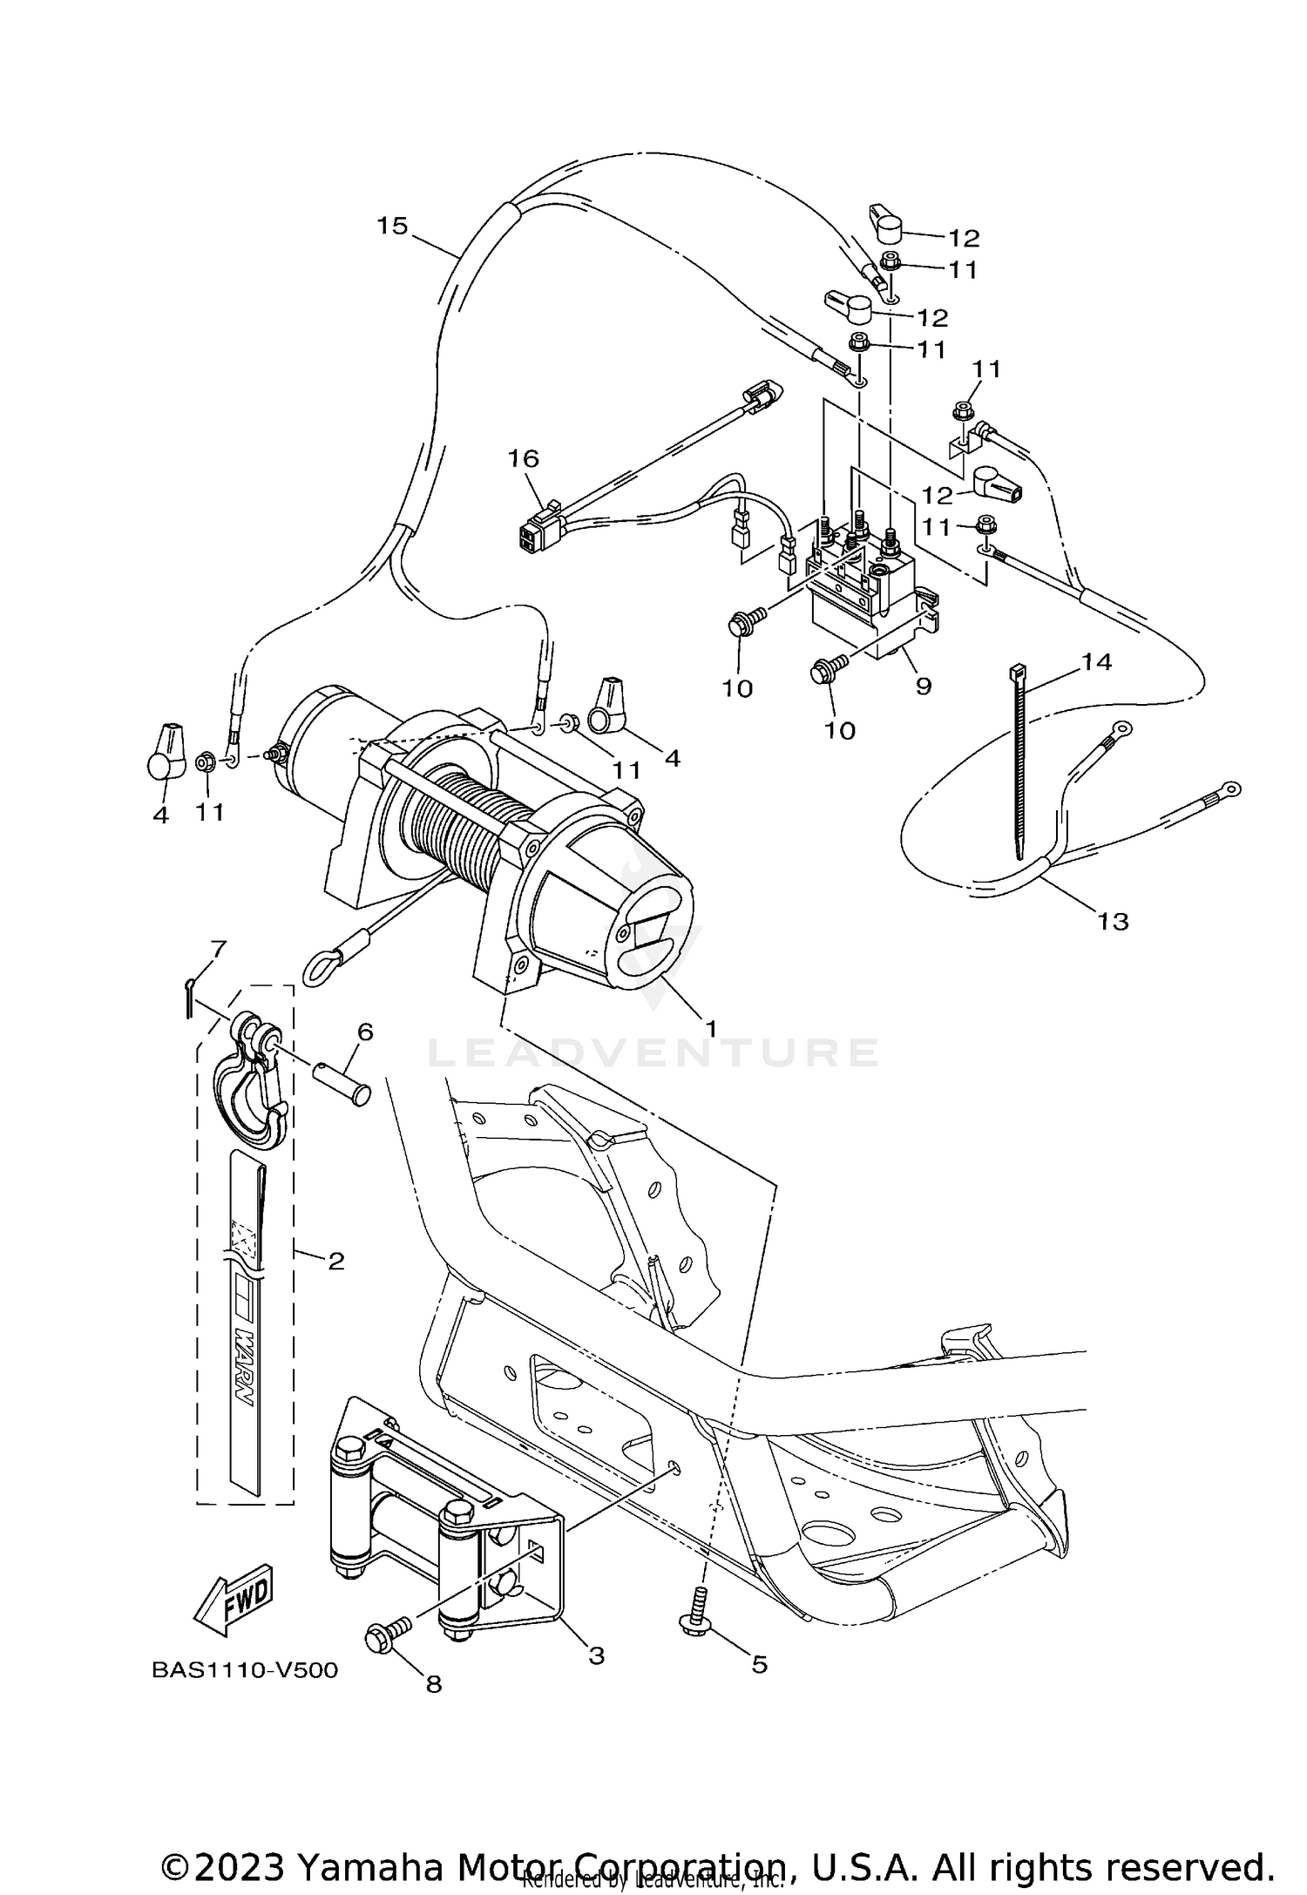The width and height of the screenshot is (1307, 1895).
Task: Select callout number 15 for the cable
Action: point(392,226)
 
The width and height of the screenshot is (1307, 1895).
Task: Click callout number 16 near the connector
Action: point(524,457)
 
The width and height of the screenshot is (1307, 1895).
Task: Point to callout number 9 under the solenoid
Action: point(924,687)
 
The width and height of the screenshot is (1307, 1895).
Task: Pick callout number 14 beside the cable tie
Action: point(1097,662)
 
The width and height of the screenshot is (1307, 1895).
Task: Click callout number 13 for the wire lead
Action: point(1114,921)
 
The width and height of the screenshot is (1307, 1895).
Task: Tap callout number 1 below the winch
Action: point(711,1029)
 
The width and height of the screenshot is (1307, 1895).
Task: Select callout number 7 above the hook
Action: point(218,947)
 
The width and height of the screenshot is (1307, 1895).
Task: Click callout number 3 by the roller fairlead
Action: point(597,1655)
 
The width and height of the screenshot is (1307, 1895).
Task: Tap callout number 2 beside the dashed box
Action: point(336,1260)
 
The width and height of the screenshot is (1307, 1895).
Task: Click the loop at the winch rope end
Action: point(318,968)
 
